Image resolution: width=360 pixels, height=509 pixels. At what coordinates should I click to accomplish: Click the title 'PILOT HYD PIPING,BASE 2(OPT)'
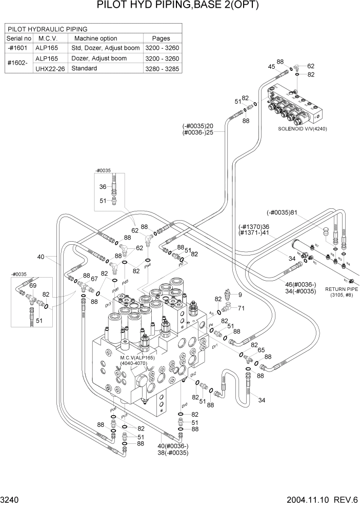[177, 6]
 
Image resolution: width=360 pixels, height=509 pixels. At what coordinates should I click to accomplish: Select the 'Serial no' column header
[19, 38]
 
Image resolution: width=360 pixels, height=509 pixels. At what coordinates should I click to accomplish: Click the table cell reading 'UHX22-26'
[50, 68]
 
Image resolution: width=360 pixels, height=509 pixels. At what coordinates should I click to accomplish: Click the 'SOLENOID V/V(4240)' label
[303, 129]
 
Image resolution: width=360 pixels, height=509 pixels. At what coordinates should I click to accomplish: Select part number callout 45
[272, 67]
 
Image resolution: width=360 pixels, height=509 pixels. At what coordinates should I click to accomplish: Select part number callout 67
[94, 278]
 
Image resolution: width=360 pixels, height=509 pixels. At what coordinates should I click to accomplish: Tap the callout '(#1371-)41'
[254, 232]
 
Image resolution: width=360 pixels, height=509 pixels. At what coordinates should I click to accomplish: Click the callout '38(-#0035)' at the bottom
[173, 453]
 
